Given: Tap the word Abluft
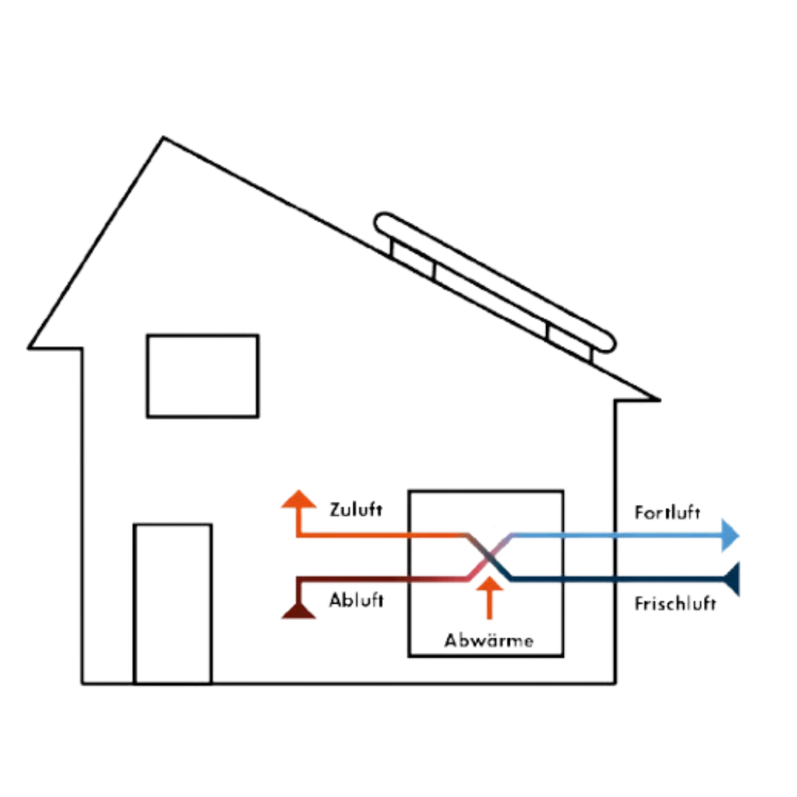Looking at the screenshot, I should [x=355, y=601].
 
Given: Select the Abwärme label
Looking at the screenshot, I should [x=489, y=641].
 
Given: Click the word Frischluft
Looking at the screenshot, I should [x=674, y=604].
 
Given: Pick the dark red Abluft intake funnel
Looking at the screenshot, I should [x=299, y=610].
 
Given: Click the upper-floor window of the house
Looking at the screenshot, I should [x=203, y=376].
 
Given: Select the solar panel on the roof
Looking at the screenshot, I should [x=494, y=280].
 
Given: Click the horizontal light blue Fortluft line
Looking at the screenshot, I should [x=620, y=537].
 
